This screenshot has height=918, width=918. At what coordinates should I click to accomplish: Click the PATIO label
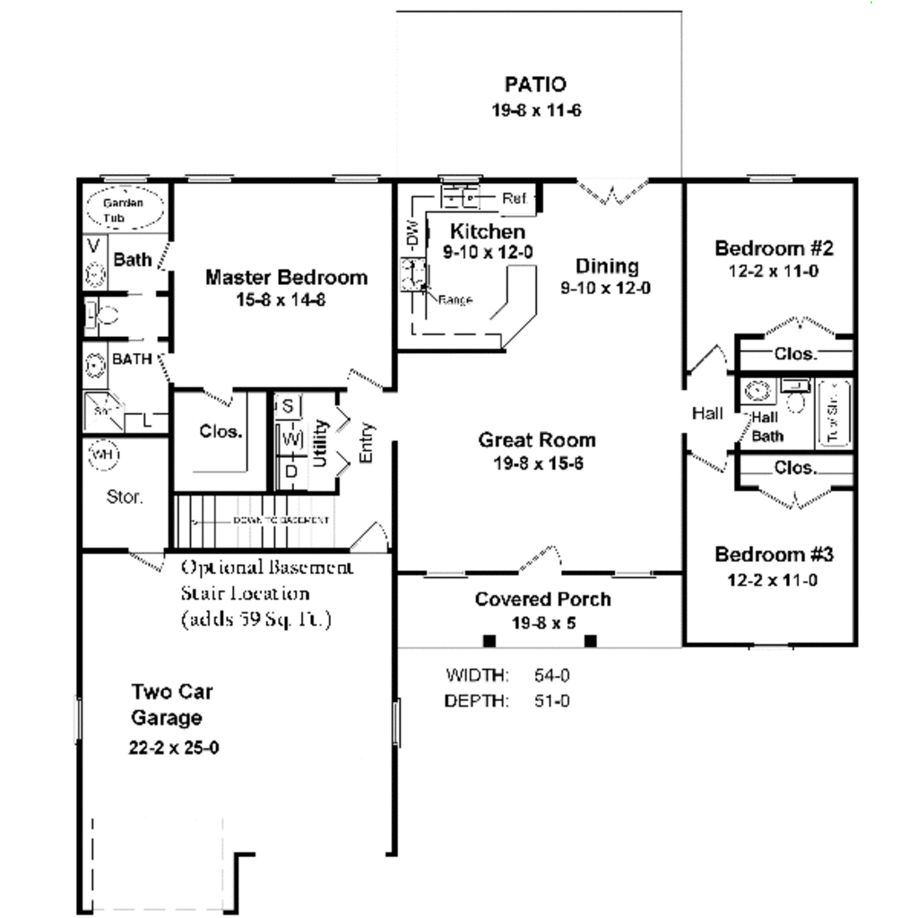[x=535, y=85]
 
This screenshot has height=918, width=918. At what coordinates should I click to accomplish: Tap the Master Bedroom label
[x=286, y=277]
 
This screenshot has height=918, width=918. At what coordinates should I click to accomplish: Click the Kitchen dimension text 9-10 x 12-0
[x=488, y=253]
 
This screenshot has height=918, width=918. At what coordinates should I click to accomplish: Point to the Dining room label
[x=607, y=266]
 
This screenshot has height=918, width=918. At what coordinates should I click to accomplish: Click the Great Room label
[x=536, y=440]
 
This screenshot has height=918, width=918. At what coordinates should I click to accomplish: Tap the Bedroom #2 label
[x=775, y=248]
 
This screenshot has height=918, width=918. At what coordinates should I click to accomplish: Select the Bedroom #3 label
[x=775, y=555]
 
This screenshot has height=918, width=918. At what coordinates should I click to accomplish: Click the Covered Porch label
[x=542, y=600]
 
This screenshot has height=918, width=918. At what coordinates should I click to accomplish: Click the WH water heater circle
[x=104, y=455]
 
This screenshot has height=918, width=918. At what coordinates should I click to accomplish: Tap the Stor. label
[x=125, y=497]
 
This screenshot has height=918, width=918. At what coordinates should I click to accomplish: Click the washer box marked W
[x=289, y=439]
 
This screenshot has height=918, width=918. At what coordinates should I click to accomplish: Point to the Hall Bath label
[x=766, y=427]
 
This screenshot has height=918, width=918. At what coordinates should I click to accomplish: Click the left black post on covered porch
[x=489, y=640]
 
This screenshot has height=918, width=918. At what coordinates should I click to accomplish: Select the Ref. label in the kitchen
[x=515, y=198]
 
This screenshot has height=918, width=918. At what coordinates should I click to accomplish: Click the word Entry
[x=367, y=443]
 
